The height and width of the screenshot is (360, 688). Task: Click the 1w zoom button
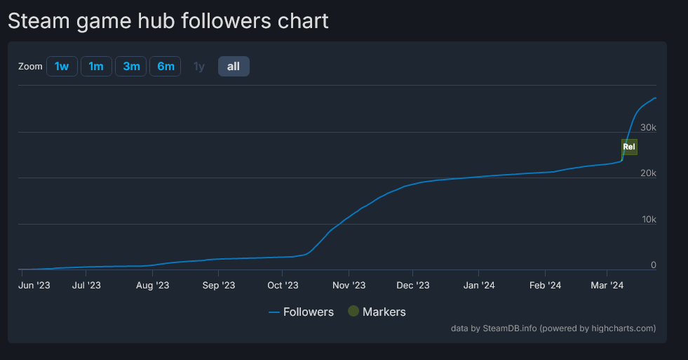[x=62, y=67]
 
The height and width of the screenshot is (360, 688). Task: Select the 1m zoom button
[x=96, y=67]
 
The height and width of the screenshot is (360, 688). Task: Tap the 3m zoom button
[x=131, y=67]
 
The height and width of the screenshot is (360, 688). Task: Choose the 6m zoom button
[x=166, y=67]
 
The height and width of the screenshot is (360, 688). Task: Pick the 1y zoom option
[x=199, y=67]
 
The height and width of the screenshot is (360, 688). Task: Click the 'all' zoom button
[x=234, y=67]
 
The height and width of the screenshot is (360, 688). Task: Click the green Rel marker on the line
[x=629, y=147]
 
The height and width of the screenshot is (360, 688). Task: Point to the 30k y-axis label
[x=647, y=128]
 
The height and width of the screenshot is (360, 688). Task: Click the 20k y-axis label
[x=647, y=173]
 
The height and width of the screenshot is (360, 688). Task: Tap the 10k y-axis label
[x=647, y=220]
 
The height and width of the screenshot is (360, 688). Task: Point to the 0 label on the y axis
[x=653, y=265]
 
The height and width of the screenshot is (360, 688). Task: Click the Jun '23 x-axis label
[x=34, y=285]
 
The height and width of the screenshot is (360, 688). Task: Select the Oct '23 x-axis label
[x=283, y=285]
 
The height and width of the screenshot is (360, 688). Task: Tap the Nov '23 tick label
[x=349, y=285]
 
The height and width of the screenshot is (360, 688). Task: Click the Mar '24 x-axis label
[x=607, y=285]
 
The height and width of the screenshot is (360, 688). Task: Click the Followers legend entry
[x=308, y=312]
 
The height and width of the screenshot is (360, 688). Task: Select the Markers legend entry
[x=384, y=312]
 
